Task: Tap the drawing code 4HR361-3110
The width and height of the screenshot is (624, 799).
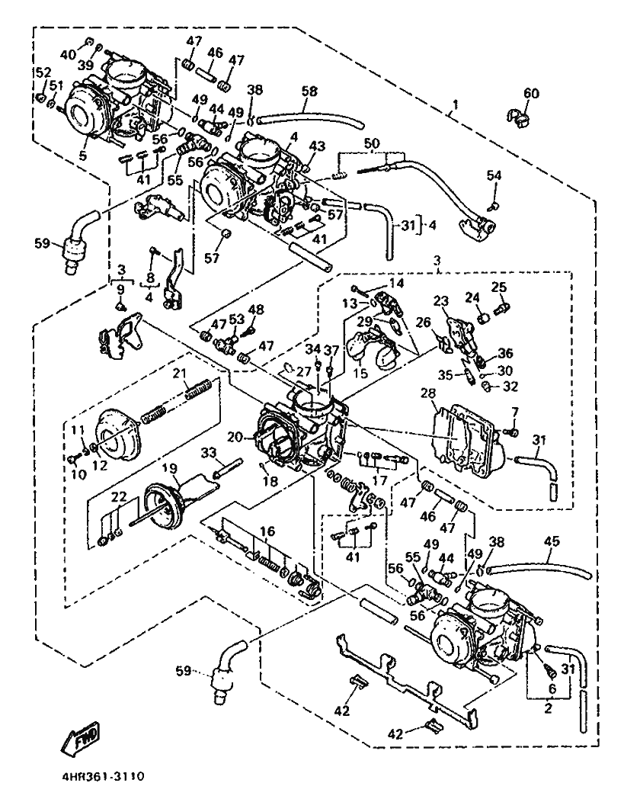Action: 99,778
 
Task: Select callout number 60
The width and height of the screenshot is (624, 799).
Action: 530,94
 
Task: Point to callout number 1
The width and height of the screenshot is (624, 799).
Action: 455,104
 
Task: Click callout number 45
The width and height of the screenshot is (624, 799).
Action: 551,541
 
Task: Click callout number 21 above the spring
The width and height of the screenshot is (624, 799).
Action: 179,373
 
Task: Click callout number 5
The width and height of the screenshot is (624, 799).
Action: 82,156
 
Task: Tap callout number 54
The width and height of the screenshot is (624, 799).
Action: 494,176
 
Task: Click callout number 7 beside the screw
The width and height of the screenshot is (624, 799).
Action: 514,412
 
